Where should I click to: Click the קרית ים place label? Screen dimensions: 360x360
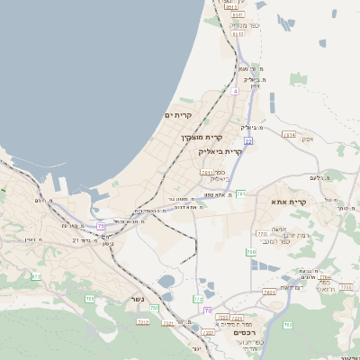178,116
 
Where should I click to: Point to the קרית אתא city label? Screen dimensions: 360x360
290,202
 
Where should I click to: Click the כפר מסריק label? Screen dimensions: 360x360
243,26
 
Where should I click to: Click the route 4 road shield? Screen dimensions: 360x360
235,92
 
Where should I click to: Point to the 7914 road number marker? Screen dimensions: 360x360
289,134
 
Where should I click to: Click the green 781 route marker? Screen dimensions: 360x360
239,193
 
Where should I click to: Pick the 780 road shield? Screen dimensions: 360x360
251,252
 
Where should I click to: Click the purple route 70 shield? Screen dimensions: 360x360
206,311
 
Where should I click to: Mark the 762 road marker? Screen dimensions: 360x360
287,324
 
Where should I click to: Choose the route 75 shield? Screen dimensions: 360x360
102,225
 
